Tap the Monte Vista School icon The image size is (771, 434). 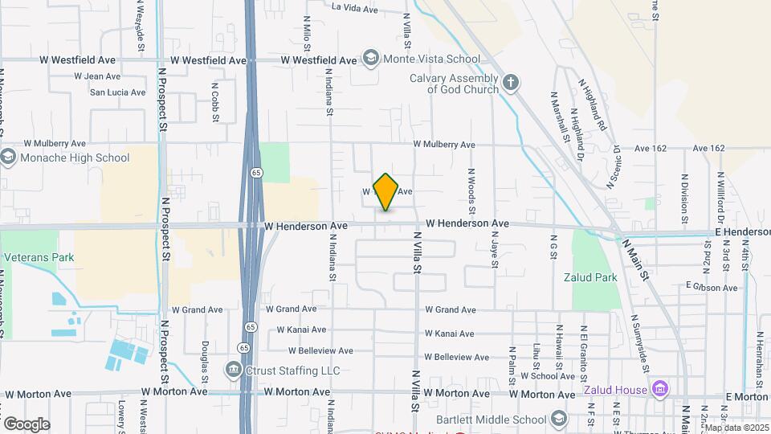(x=370, y=58)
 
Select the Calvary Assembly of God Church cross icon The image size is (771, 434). (x=510, y=83)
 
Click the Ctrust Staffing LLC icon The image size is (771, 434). (x=234, y=370)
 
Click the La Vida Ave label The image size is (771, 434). (x=354, y=9)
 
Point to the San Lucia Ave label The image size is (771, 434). (x=117, y=92)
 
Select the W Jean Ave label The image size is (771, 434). (x=97, y=76)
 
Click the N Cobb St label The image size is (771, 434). (x=214, y=102)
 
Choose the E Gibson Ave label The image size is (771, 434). (x=712, y=287)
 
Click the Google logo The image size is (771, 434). (x=27, y=424)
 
